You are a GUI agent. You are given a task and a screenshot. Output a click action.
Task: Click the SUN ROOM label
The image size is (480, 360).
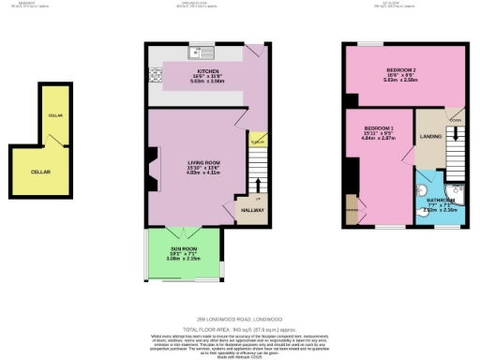[x=183, y=248]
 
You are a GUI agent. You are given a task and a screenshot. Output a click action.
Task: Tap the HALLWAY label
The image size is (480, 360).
[x=253, y=210]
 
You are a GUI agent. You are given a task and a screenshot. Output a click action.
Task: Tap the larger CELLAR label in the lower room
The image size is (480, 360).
[x=40, y=172]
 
